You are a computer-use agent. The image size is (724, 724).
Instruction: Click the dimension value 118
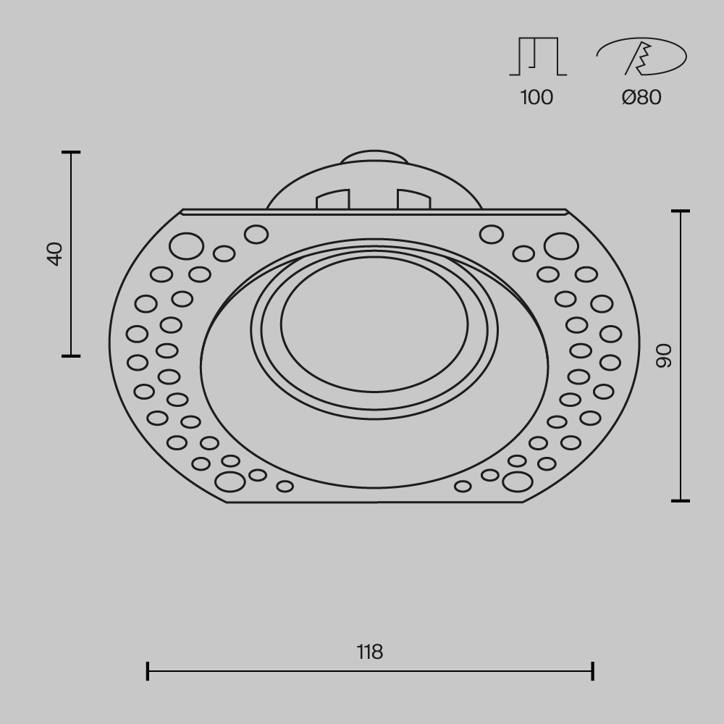pyautogui.click(x=370, y=652)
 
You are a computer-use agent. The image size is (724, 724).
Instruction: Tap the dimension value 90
pyautogui.click(x=664, y=355)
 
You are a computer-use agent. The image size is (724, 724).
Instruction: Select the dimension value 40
pyautogui.click(x=55, y=254)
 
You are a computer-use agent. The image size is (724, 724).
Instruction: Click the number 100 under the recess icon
pyautogui.click(x=536, y=97)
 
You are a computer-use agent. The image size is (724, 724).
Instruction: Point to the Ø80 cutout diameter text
pyautogui.click(x=641, y=97)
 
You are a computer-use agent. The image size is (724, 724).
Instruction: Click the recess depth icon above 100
pyautogui.click(x=537, y=56)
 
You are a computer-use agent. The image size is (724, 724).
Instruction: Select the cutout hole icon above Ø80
pyautogui.click(x=641, y=56)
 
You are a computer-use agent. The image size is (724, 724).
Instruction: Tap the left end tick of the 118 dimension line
pyautogui.click(x=148, y=671)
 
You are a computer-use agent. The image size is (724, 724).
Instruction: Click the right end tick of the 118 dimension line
pyautogui.click(x=593, y=671)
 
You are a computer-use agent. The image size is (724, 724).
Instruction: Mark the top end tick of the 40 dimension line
pyautogui.click(x=71, y=153)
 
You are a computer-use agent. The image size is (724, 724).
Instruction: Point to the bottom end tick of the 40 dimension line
pyautogui.click(x=71, y=355)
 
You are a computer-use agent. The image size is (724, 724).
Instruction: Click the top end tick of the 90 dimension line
pyautogui.click(x=681, y=211)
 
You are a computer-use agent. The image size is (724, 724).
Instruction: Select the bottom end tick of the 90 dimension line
pyautogui.click(x=681, y=500)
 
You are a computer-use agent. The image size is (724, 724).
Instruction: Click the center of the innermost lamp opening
pyautogui.click(x=374, y=323)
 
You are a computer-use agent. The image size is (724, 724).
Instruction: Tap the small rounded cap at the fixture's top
pyautogui.click(x=374, y=157)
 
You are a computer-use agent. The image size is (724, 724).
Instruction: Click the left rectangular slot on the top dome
pyautogui.click(x=333, y=199)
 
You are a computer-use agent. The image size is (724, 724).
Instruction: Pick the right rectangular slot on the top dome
pyautogui.click(x=413, y=199)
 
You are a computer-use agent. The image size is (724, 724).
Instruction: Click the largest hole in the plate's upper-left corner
pyautogui.click(x=186, y=246)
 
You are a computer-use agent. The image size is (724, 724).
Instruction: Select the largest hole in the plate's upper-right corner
pyautogui.click(x=561, y=246)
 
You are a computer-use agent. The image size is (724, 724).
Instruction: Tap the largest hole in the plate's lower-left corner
pyautogui.click(x=230, y=481)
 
